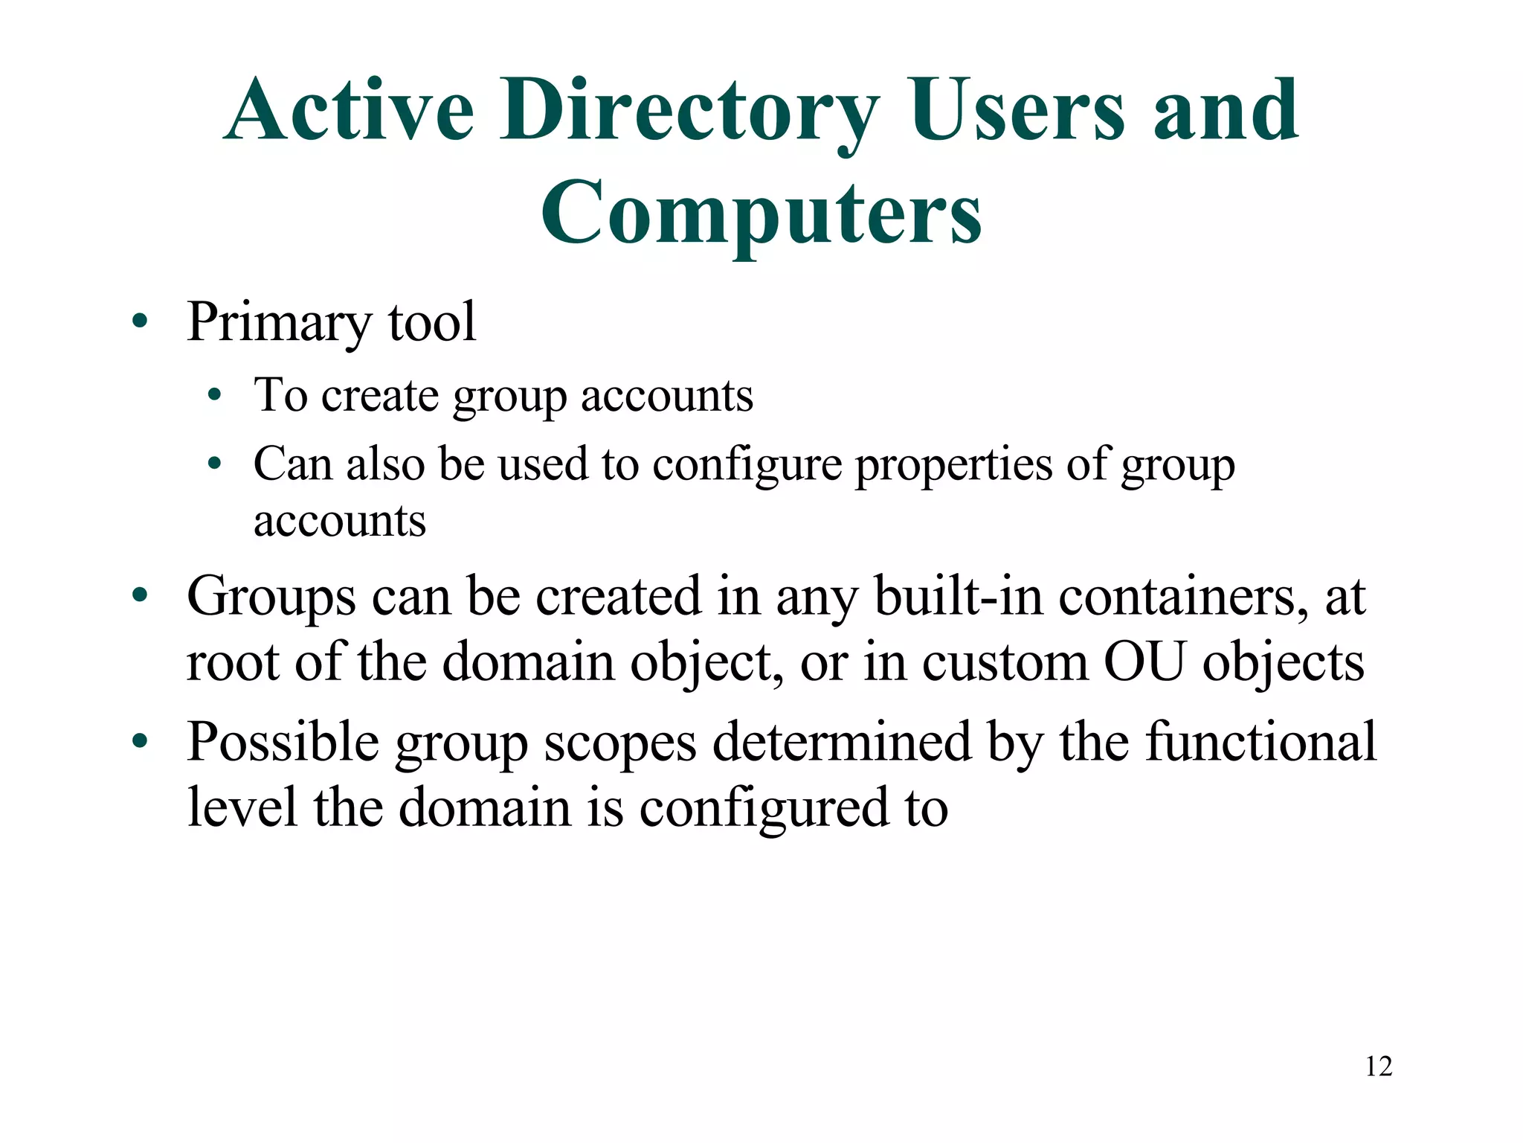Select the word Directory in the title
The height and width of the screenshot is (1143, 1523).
[689, 112]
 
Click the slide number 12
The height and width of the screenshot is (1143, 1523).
[1378, 1066]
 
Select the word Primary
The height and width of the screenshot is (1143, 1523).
[279, 323]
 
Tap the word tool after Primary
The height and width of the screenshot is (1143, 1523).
[432, 321]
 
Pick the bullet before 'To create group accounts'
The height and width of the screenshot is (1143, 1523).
[214, 395]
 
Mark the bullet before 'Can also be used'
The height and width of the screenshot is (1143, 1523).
[214, 464]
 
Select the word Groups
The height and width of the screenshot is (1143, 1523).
[271, 598]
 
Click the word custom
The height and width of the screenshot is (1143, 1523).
[1005, 662]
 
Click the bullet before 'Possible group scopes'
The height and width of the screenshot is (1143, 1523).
[139, 742]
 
